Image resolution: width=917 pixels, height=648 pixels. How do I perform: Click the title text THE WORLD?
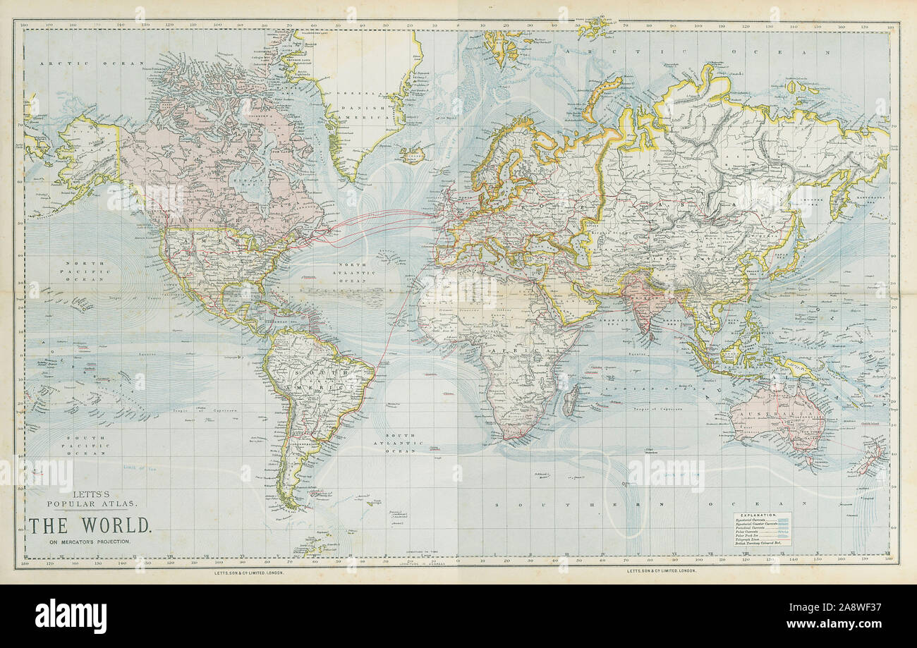(x=90, y=525)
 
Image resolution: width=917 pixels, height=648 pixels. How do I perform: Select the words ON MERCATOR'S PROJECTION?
(x=89, y=542)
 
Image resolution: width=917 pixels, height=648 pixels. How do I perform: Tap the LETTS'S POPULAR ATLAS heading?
(x=89, y=499)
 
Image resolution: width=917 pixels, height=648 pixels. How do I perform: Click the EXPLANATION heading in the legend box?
(x=760, y=516)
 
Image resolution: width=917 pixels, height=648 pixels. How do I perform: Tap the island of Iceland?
(x=412, y=154)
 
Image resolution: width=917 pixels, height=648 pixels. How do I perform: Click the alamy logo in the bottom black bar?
(x=71, y=616)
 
